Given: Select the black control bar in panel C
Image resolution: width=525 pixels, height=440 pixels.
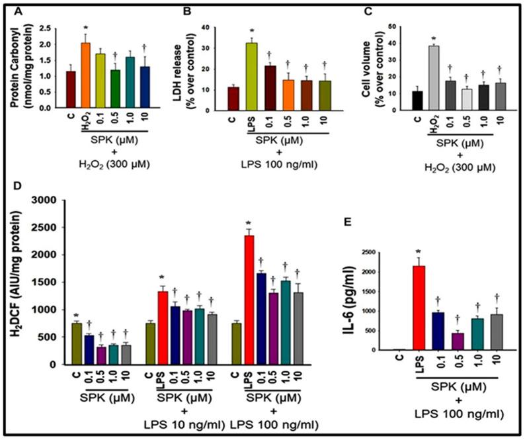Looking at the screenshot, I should click(376, 98).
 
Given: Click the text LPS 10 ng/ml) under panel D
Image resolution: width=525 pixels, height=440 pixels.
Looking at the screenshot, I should click(191, 425).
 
